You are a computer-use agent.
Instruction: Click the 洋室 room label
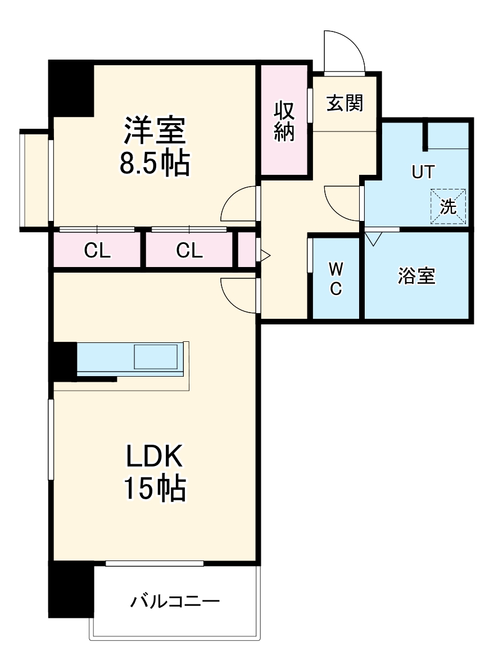point(154,131)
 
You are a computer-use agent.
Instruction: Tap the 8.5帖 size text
point(154,164)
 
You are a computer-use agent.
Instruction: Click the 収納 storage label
point(284,121)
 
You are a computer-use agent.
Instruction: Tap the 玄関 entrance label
point(345,103)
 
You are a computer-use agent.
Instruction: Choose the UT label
point(423,172)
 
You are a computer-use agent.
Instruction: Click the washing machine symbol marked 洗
point(448,206)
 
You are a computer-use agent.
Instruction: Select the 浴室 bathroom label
point(416,275)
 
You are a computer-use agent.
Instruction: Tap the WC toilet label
point(336,278)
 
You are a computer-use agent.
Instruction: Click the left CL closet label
point(97,251)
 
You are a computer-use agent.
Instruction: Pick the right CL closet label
point(189,251)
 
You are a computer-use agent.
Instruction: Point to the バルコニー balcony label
point(175,602)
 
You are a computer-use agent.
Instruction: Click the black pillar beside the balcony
point(71,589)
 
